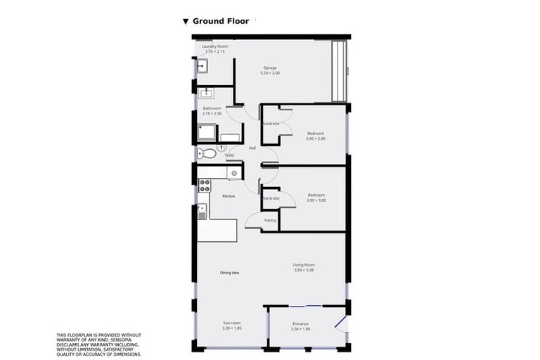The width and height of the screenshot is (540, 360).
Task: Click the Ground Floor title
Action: tap(221, 21)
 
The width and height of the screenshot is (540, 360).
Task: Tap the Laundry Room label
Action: tap(214, 46)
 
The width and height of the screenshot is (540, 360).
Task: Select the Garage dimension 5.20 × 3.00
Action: tap(270, 73)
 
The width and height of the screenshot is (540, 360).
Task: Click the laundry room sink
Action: tap(202, 66)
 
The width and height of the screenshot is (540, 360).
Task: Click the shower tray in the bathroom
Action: tap(207, 132)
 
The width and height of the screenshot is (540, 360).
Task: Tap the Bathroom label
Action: tap(212, 108)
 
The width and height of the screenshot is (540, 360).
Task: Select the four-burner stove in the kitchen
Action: tap(205, 186)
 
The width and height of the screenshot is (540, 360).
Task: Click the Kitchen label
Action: tap(229, 196)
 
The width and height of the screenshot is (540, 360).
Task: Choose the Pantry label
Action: tap(270, 221)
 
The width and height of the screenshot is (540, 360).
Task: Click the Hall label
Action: tap(252, 148)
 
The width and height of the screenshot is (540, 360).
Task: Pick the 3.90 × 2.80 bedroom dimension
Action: tap(316, 139)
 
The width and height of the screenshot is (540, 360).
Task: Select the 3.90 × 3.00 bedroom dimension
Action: tap(316, 200)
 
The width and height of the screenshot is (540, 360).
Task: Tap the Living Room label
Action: tap(304, 265)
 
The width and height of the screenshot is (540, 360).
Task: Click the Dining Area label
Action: tap(230, 272)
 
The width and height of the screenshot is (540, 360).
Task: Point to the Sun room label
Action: tap(231, 323)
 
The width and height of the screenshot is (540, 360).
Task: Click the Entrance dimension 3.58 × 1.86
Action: tap(300, 328)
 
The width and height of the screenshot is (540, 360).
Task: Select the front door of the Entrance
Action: tap(341, 324)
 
